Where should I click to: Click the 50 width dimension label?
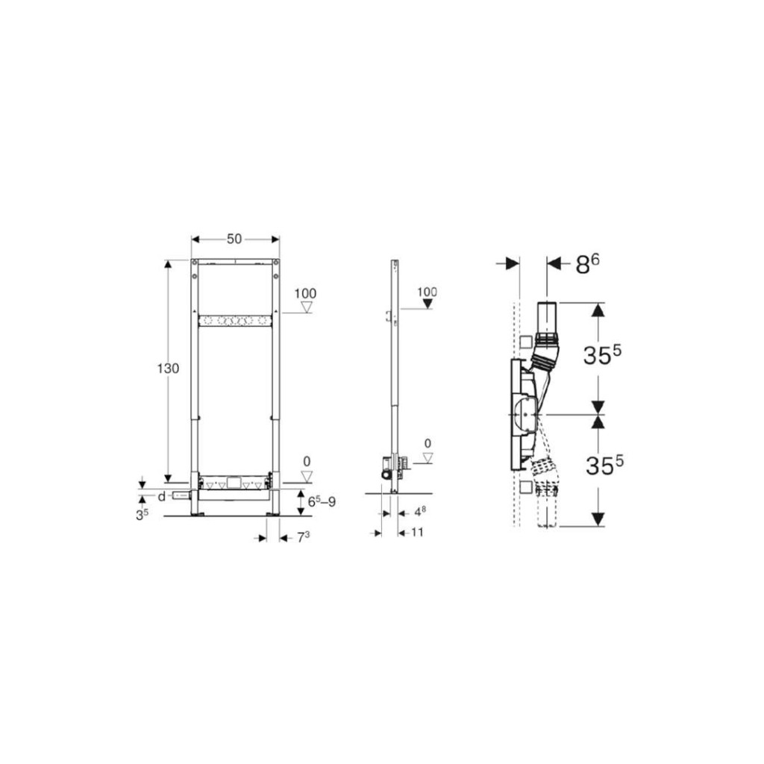click(x=234, y=239)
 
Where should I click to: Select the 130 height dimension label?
click(x=168, y=369)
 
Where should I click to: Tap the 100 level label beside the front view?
click(x=305, y=293)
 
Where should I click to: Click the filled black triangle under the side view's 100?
click(x=428, y=304)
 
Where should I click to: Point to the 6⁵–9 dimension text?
click(x=322, y=502)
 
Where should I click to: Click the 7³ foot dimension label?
click(x=303, y=537)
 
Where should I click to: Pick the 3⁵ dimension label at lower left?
click(x=142, y=515)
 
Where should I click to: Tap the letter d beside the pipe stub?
click(x=161, y=497)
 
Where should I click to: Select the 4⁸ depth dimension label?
click(x=419, y=512)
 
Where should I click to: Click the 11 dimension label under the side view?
click(x=417, y=532)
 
